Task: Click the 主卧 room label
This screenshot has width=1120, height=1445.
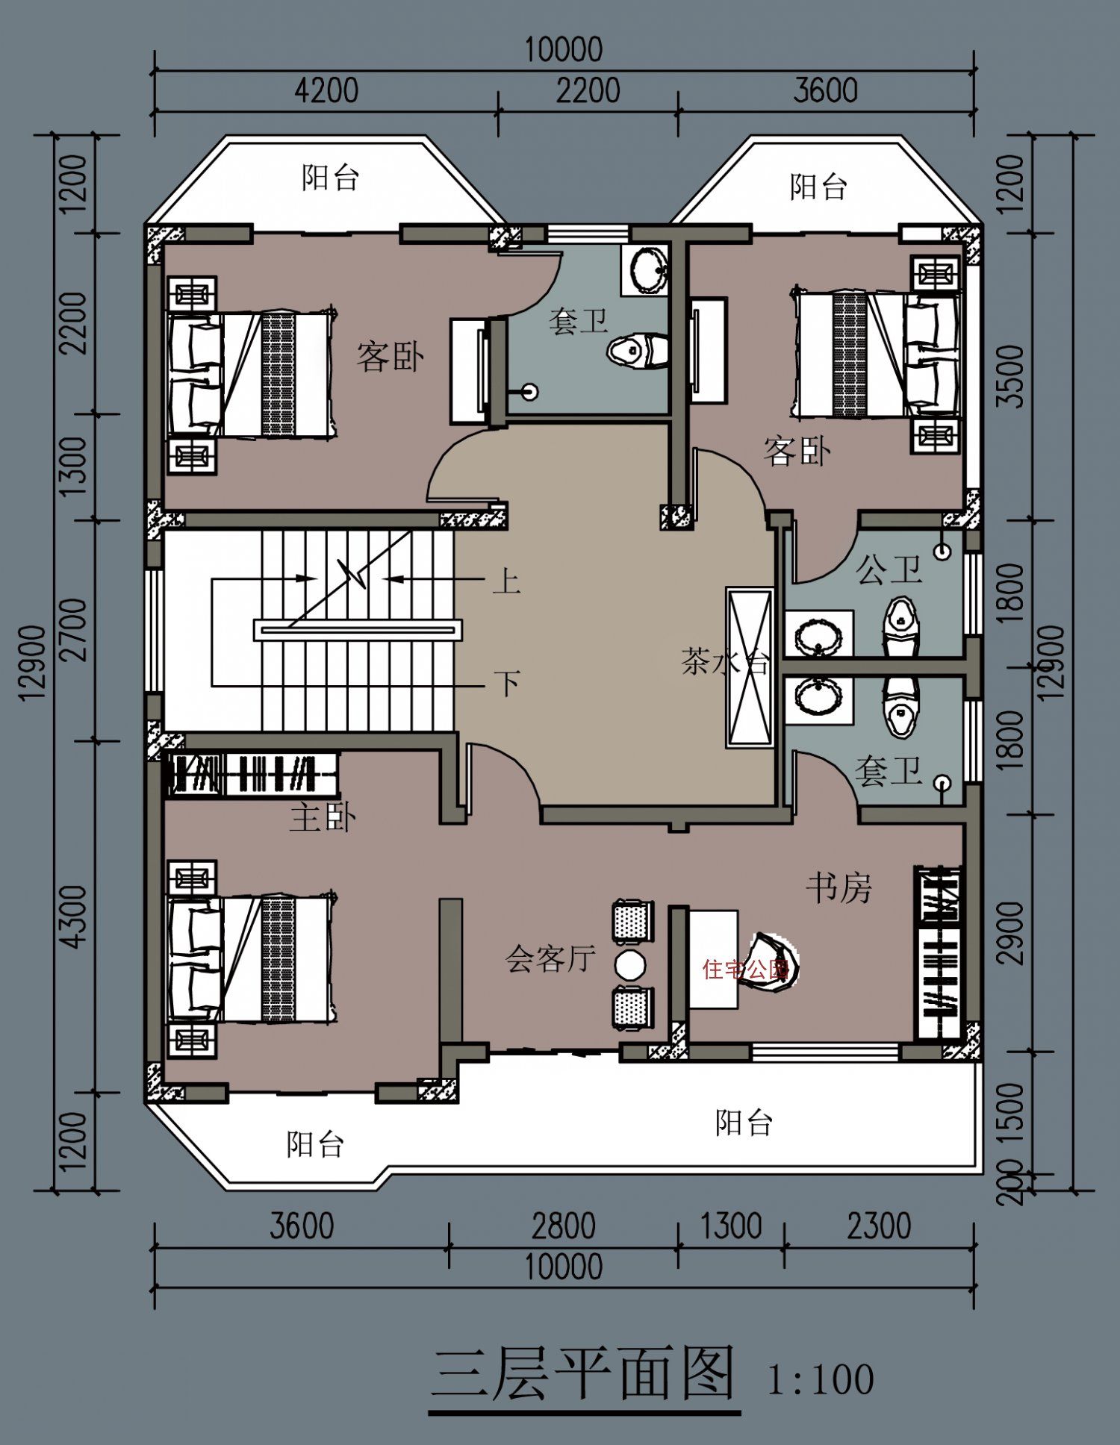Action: click(323, 818)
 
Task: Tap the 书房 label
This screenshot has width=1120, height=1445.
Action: click(839, 887)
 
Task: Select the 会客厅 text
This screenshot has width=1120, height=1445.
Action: click(551, 958)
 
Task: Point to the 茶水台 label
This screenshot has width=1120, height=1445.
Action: click(724, 662)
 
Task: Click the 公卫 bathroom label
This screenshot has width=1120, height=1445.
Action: click(889, 570)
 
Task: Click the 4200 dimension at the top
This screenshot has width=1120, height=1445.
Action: click(326, 91)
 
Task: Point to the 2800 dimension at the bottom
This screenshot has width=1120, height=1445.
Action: click(564, 1226)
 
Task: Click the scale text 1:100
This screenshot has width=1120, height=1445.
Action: click(821, 1379)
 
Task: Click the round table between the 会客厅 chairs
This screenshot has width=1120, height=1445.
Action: click(630, 965)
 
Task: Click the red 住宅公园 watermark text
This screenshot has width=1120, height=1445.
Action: click(745, 970)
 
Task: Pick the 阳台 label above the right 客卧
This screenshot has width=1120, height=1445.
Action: click(818, 186)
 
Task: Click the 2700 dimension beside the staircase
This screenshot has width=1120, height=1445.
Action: click(76, 630)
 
